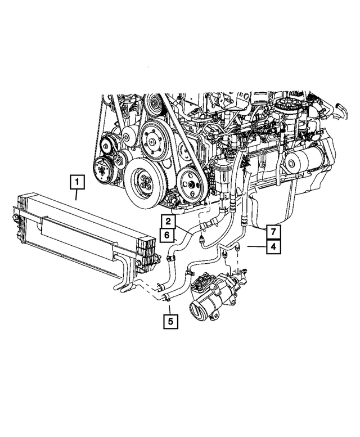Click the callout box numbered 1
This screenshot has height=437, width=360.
tap(77, 182)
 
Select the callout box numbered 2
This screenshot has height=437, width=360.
tap(168, 222)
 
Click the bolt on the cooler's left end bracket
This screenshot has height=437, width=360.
tap(12, 214)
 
